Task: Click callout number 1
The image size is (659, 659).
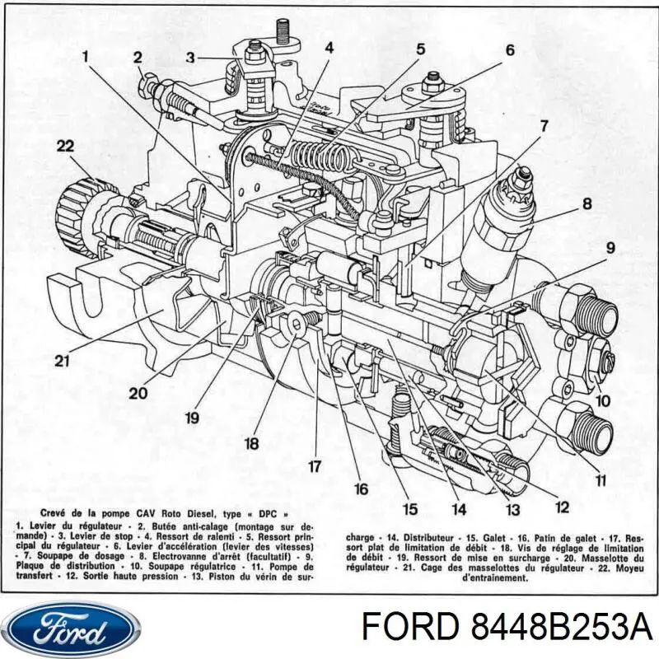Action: pos(84,57)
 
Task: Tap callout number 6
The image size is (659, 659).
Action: pos(510,49)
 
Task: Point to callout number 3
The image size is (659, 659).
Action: pos(189,57)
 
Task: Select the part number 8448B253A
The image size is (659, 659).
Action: pos(560,630)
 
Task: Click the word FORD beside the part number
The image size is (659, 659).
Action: pos(400,630)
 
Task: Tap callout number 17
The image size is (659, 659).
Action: pos(314,466)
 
